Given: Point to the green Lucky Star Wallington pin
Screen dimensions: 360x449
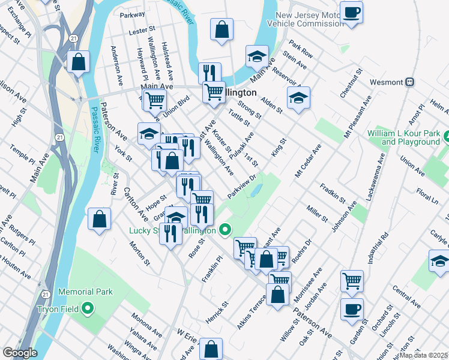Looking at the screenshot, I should (225, 229).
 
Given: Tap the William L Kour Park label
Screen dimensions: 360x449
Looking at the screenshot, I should (410, 137).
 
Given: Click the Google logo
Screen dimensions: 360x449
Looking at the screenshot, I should (20, 353).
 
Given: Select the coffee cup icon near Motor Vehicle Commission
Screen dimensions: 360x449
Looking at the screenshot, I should (352, 13).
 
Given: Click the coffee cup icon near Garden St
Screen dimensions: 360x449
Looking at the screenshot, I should (352, 310).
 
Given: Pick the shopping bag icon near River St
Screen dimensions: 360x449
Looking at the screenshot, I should (99, 219).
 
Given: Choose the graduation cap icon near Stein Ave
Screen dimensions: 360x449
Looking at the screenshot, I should (257, 58).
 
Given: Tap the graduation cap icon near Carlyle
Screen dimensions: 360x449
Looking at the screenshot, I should (439, 261).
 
